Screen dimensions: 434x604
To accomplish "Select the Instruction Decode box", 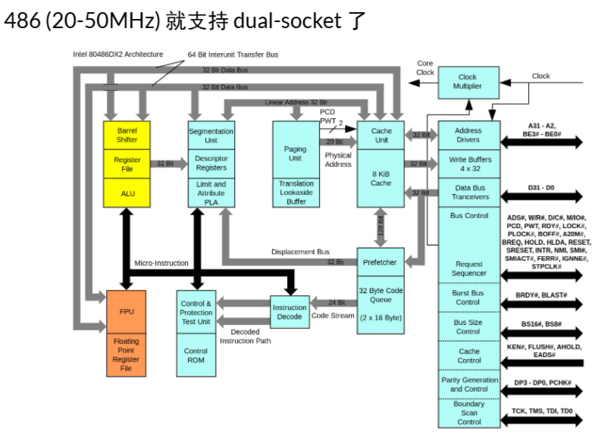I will [x=289, y=311].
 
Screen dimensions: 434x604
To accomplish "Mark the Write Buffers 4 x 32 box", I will [x=469, y=164].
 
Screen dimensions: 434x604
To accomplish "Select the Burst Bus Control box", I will [x=469, y=296].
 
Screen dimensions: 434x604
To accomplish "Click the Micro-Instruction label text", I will [x=161, y=263].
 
